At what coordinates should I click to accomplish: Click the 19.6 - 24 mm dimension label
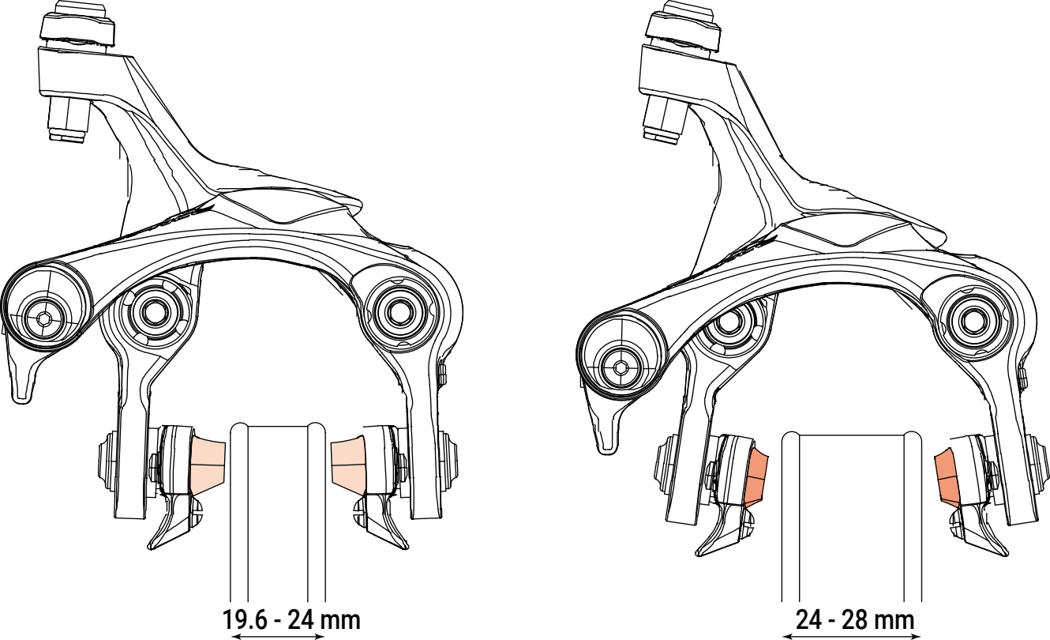pyautogui.click(x=291, y=619)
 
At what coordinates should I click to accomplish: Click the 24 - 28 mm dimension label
pyautogui.click(x=855, y=619)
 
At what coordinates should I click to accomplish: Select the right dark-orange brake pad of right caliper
pyautogui.click(x=947, y=477)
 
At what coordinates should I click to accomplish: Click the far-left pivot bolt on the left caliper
pyautogui.click(x=43, y=318)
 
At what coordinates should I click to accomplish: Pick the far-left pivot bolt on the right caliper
pyautogui.click(x=621, y=369)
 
